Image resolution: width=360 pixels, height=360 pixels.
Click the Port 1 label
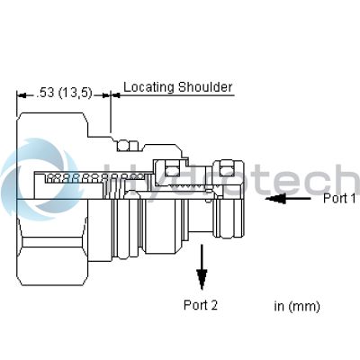[339, 198]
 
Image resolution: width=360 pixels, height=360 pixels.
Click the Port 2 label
[201, 305]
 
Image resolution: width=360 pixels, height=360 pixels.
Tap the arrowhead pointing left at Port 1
[275, 198]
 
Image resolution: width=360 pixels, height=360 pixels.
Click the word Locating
[149, 87]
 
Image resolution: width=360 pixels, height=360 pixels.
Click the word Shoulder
[205, 87]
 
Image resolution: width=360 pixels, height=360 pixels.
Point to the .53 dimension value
[45, 93]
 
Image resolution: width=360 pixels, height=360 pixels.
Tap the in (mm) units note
[297, 306]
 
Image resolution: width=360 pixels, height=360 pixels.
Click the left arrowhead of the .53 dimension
[22, 95]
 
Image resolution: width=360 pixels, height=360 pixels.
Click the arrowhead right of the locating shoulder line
[116, 95]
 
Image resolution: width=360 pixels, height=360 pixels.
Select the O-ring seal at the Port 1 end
[227, 171]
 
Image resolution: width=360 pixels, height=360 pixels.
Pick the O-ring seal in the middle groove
[172, 171]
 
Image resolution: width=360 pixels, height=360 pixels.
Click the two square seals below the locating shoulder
[128, 146]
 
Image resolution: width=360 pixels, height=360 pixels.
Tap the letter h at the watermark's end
[349, 179]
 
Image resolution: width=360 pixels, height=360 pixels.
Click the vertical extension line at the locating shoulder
[111, 112]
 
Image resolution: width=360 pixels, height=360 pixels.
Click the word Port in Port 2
[194, 305]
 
